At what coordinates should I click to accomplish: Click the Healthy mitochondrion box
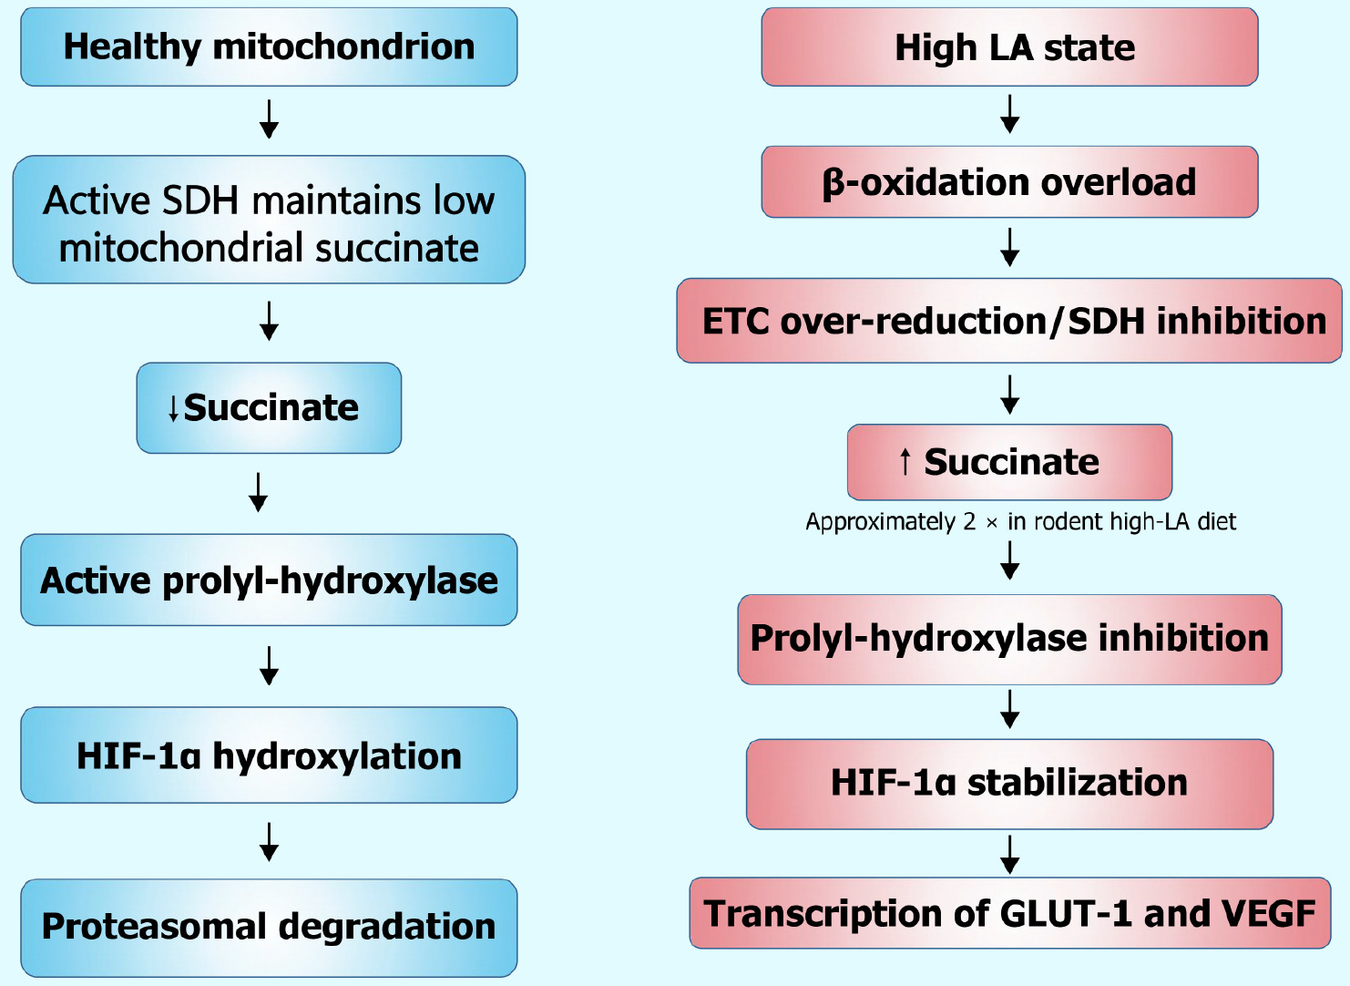click(x=269, y=47)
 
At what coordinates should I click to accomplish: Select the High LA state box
click(x=1009, y=47)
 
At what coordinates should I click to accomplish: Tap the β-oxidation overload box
click(x=1009, y=182)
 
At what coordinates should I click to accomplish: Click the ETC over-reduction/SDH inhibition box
click(x=1009, y=321)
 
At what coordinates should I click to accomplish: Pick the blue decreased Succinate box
click(x=269, y=408)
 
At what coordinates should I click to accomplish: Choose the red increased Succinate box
click(x=1009, y=462)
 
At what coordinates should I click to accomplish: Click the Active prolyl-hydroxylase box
click(x=269, y=580)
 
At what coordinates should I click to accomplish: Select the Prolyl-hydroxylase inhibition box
click(x=1009, y=639)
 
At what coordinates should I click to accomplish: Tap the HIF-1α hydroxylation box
click(x=269, y=755)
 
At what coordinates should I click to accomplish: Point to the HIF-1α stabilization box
click(x=1009, y=783)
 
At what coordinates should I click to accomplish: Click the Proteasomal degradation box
click(x=269, y=927)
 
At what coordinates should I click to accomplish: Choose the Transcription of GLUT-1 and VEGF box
click(x=1009, y=913)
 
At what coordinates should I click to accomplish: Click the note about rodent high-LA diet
click(x=1020, y=521)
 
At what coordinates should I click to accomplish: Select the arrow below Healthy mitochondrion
click(x=269, y=119)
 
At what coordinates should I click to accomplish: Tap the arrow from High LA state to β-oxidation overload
click(x=1009, y=114)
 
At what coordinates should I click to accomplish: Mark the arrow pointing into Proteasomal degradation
click(x=269, y=842)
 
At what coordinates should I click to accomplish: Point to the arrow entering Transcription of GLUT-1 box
click(x=1009, y=854)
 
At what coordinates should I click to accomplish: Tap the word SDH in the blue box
click(x=199, y=200)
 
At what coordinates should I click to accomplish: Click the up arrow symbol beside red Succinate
click(x=905, y=462)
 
